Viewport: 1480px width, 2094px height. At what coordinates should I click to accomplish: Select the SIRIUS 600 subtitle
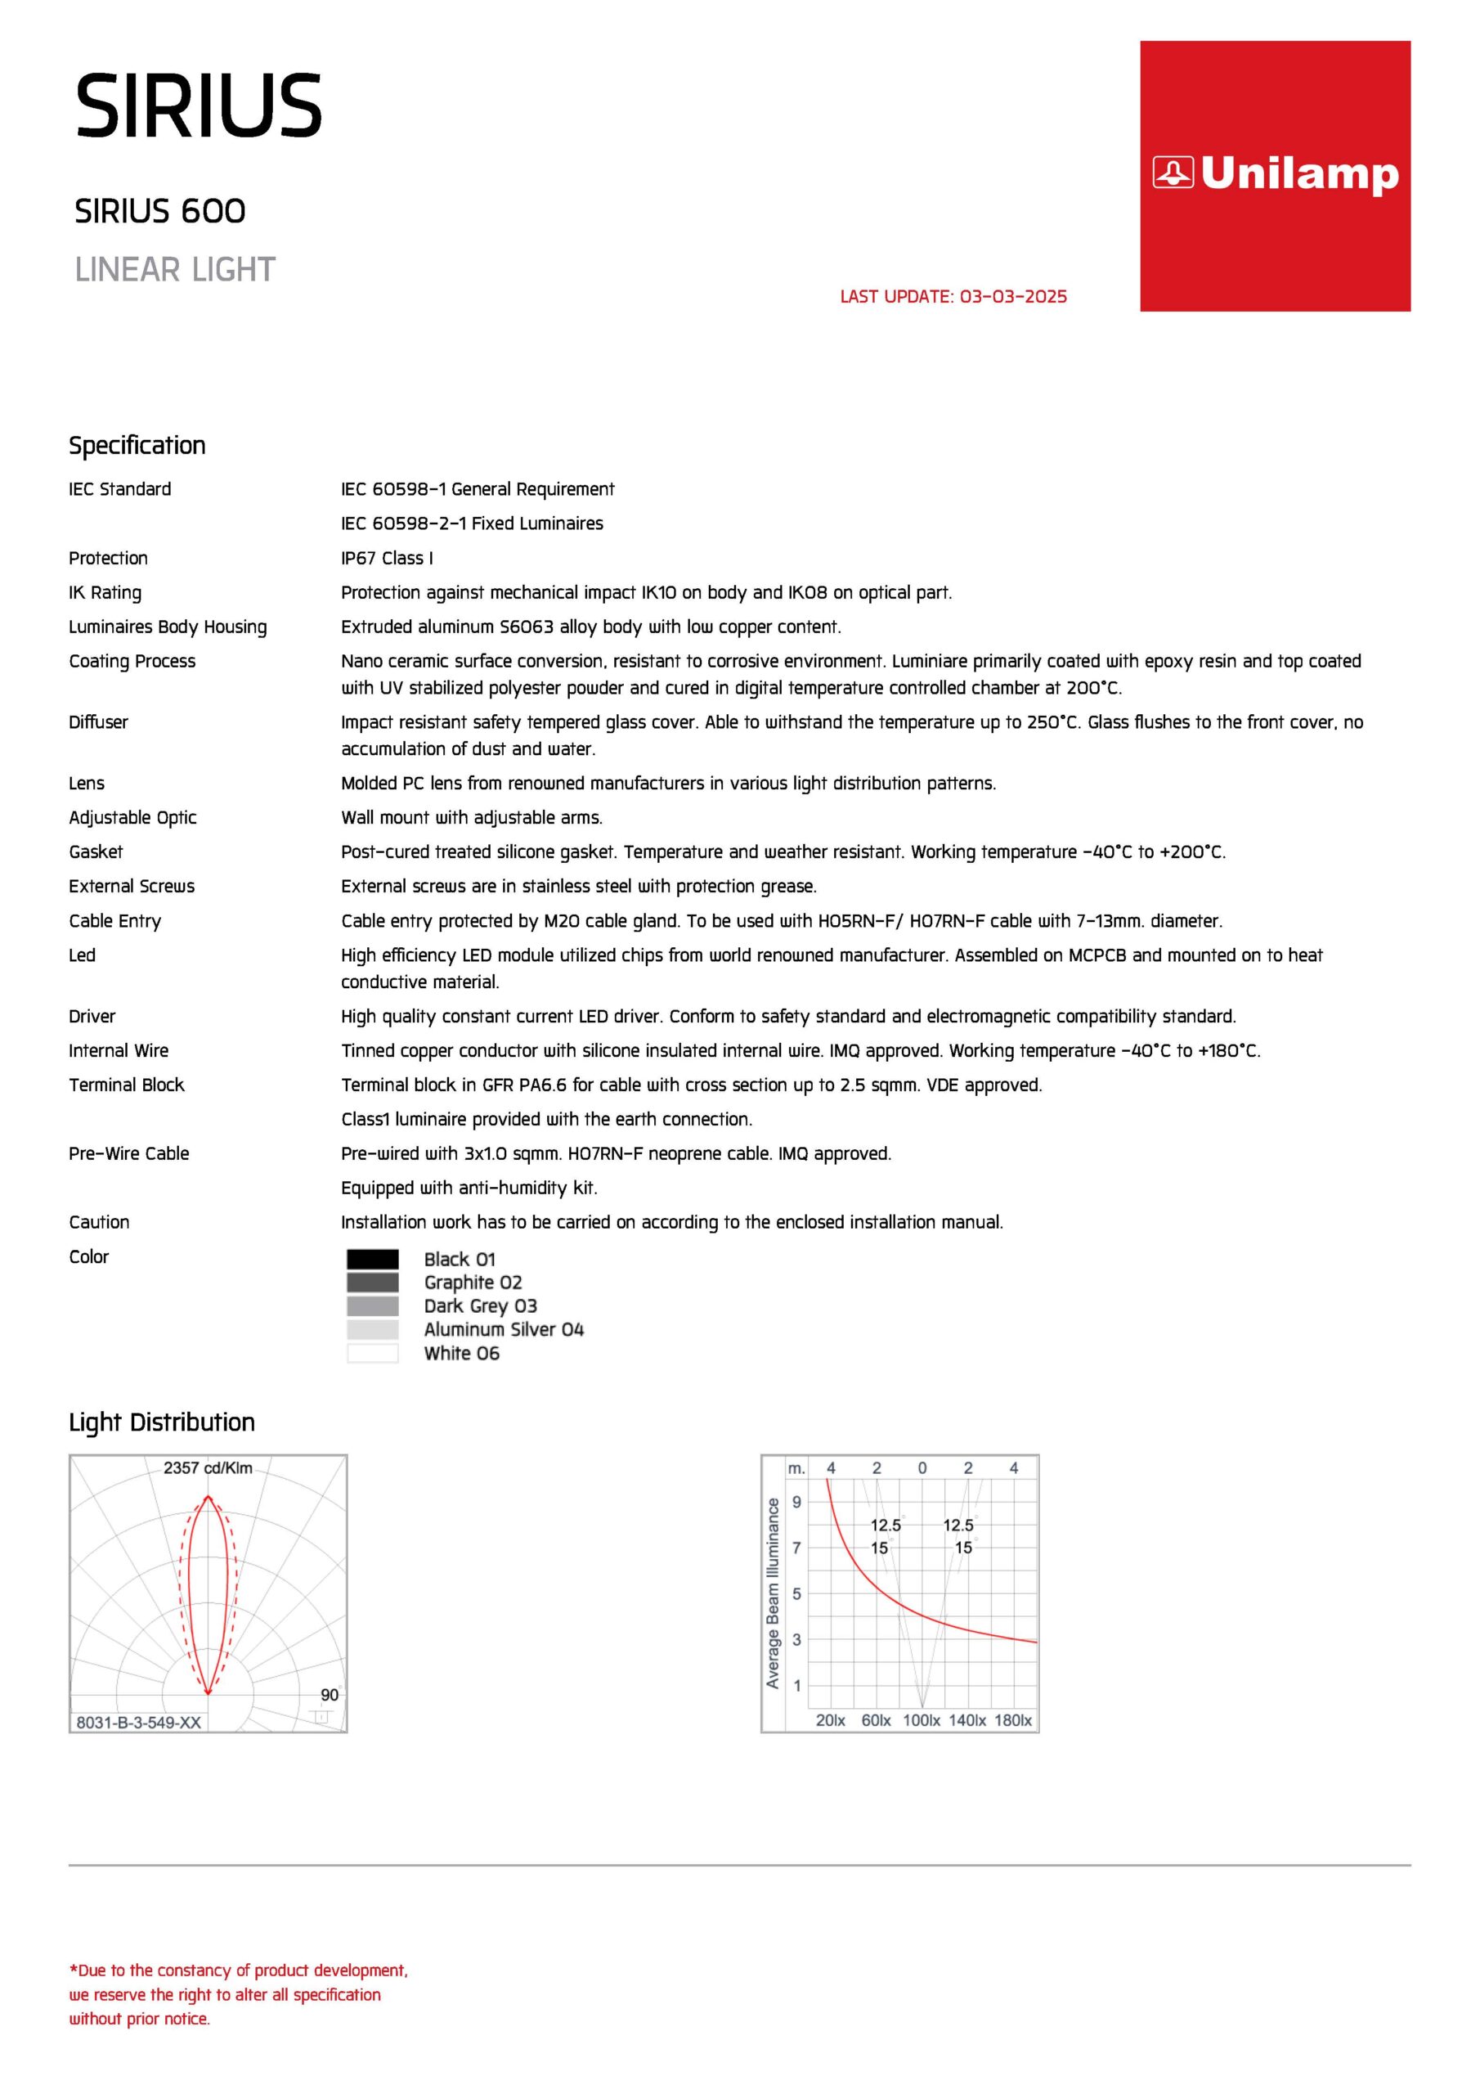[159, 212]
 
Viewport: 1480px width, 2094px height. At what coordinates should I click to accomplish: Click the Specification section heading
[137, 446]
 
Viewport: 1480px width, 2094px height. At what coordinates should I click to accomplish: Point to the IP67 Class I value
[387, 558]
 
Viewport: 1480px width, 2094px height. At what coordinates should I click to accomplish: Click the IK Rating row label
[105, 593]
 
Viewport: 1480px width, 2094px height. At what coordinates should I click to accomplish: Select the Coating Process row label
[132, 661]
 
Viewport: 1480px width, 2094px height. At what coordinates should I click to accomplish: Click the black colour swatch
[372, 1260]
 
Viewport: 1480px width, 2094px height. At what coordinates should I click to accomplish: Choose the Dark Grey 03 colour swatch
[372, 1306]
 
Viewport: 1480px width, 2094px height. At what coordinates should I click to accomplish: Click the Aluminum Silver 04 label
[504, 1330]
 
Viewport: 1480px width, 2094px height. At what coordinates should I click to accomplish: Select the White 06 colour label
[461, 1354]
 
